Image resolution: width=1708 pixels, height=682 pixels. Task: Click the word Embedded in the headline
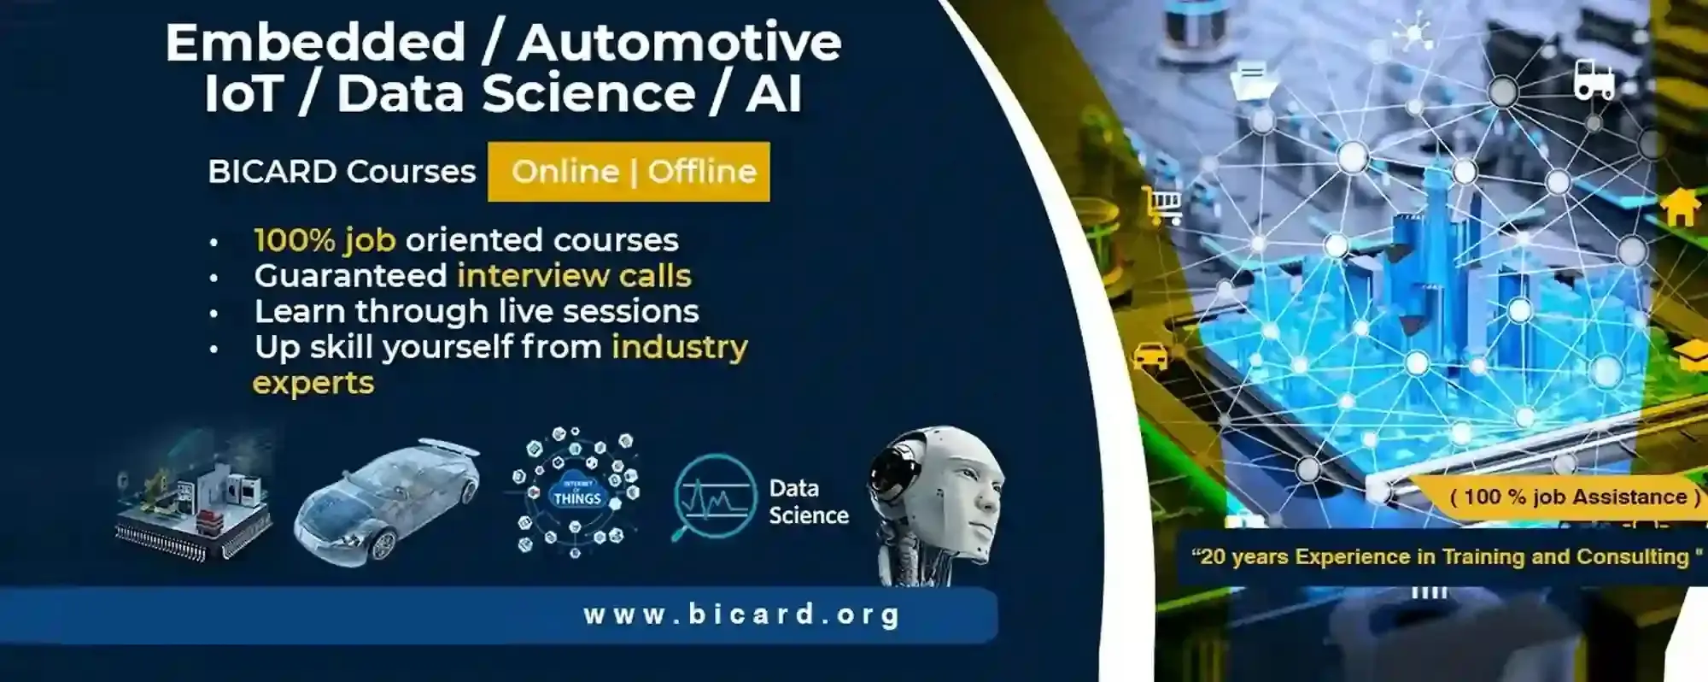(x=315, y=43)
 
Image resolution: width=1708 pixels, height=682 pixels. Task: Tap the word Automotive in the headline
(x=680, y=43)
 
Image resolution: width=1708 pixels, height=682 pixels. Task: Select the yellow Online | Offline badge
(x=629, y=172)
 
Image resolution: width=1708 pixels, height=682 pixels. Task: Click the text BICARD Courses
(x=342, y=172)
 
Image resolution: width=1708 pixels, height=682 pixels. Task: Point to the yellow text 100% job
(x=325, y=240)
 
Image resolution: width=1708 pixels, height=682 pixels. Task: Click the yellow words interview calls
(x=574, y=276)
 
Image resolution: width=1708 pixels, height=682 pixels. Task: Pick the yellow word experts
(x=313, y=383)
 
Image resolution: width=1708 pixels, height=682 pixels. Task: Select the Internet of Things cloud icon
(x=576, y=493)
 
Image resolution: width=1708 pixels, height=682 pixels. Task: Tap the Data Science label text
(x=808, y=502)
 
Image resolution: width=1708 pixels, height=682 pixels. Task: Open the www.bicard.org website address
(x=741, y=614)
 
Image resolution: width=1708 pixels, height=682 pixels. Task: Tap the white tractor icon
(x=1594, y=79)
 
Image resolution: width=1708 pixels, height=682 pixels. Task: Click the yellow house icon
(x=1680, y=207)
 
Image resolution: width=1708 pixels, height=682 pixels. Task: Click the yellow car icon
(x=1150, y=355)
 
